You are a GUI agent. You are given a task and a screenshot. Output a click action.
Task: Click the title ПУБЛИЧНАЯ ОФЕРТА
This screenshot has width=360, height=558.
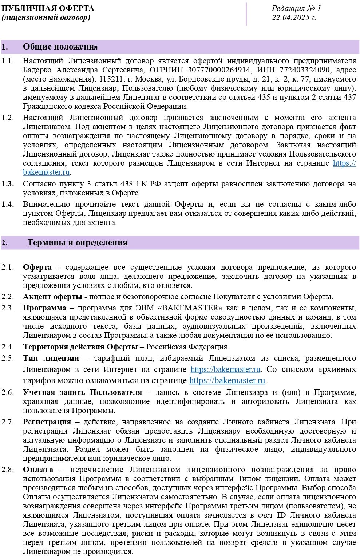point(48,8)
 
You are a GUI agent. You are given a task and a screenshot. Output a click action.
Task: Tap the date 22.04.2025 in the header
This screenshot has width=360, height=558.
point(294,17)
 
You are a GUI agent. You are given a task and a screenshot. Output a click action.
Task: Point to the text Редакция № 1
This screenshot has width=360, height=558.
point(296,8)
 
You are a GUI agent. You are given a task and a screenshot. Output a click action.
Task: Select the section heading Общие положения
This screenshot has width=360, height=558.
point(60,47)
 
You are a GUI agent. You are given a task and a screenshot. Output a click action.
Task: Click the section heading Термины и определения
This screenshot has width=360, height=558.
point(77,243)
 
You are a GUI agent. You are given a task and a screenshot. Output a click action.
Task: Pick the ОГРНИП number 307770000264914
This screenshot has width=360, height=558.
point(219,70)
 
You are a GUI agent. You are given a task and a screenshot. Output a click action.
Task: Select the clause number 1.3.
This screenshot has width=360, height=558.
point(8,184)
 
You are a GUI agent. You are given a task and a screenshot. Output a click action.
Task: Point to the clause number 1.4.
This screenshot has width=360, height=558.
point(8,204)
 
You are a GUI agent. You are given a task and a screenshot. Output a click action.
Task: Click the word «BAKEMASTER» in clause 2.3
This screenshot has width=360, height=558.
point(197,308)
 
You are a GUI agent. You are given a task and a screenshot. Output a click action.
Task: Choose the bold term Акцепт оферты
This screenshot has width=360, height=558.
point(52,297)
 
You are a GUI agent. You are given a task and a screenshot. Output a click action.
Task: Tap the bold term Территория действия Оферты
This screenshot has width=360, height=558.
point(80,347)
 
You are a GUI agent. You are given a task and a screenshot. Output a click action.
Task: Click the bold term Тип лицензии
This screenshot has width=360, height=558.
point(51,358)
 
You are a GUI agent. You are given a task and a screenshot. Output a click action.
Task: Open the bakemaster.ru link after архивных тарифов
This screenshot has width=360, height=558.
point(227,381)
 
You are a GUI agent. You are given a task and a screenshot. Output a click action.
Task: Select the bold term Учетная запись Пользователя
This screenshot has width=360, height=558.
point(82,392)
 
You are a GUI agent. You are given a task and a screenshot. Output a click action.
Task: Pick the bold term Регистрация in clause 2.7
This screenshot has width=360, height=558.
point(47,422)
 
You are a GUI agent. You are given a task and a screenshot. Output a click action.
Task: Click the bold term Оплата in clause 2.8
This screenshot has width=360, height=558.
point(38,470)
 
